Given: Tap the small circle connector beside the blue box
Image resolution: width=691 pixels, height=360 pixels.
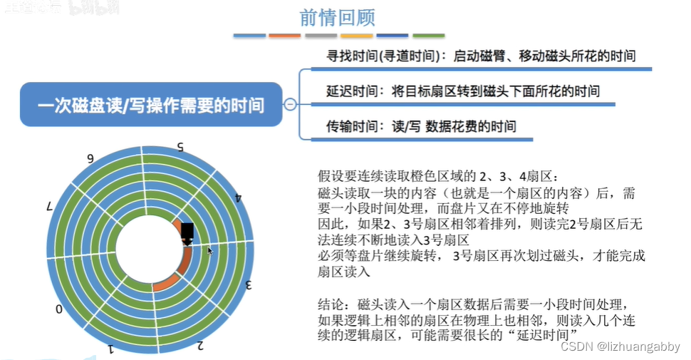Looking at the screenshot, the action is [291, 106].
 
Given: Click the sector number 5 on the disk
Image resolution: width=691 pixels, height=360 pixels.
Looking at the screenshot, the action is [181, 148].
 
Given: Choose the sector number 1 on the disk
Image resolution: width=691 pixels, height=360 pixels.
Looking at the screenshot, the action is [111, 349].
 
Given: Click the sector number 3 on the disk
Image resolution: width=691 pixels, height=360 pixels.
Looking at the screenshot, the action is [249, 285].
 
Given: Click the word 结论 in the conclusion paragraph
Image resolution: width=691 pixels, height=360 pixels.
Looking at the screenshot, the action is [330, 304].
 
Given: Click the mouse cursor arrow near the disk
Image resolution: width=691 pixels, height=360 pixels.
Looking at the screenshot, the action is [210, 251].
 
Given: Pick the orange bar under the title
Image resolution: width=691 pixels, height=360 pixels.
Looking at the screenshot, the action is [285, 35].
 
